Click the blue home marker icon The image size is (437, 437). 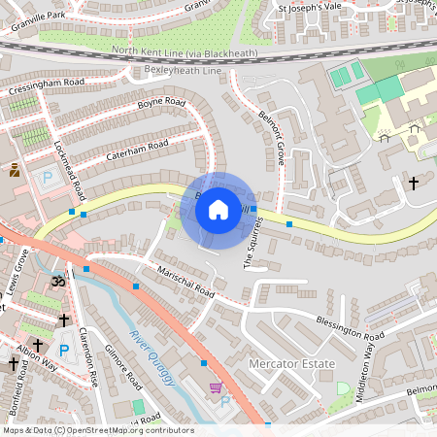click(218, 209)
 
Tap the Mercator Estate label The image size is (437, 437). click(291, 364)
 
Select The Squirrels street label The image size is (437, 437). click(253, 242)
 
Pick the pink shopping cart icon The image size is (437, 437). click(214, 387)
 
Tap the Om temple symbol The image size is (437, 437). click(56, 280)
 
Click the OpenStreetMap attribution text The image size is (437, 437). click(97, 429)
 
